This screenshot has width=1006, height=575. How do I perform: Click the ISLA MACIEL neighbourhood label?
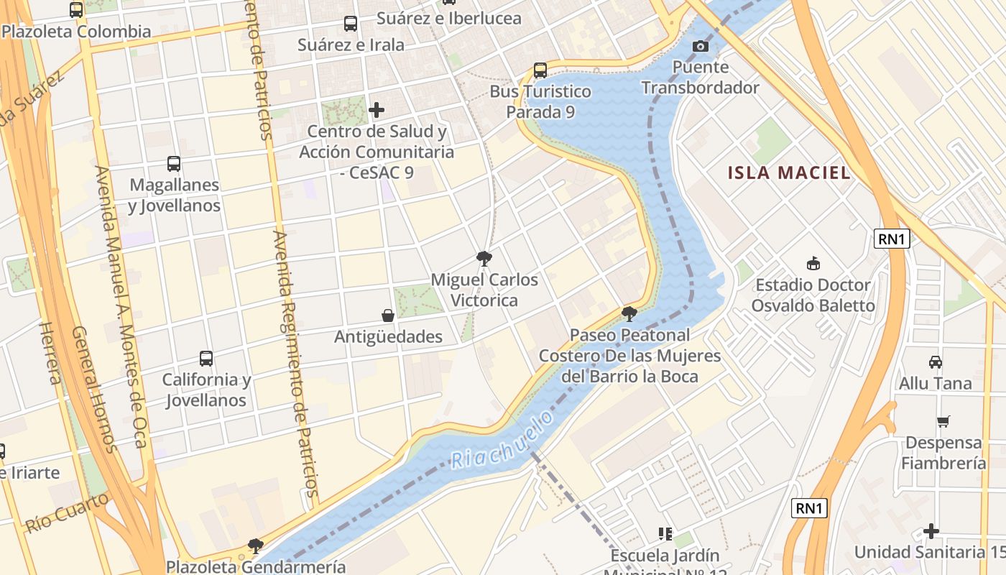click(x=789, y=172)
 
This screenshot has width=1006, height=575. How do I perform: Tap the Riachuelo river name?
click(x=503, y=440)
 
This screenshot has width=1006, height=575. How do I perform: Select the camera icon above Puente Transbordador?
click(x=700, y=47)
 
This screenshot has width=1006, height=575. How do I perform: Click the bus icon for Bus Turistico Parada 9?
click(x=540, y=70)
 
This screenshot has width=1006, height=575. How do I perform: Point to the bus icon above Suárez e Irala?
click(x=350, y=24)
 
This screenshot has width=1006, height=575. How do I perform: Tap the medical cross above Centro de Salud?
click(x=376, y=110)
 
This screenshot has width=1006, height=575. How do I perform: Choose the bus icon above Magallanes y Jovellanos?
click(x=174, y=163)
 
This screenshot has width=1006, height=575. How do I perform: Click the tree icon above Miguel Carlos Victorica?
click(x=484, y=258)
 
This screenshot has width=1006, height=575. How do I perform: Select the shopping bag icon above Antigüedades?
click(x=388, y=315)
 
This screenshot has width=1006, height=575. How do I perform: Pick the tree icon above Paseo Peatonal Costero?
click(x=629, y=313)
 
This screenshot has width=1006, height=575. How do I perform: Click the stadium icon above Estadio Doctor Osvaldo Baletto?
click(x=813, y=263)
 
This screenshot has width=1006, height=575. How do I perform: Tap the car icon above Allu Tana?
click(x=935, y=362)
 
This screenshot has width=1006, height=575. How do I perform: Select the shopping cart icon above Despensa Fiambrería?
click(x=943, y=421)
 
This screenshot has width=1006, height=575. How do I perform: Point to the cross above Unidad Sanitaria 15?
click(x=931, y=531)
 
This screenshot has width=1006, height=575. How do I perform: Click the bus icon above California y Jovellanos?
click(x=206, y=358)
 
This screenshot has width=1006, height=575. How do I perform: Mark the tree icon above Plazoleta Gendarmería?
click(x=255, y=546)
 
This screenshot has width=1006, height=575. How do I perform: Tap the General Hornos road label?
click(x=94, y=390)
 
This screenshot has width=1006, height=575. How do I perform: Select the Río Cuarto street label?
click(x=68, y=512)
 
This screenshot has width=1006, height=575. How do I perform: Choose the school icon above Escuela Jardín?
click(x=665, y=533)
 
